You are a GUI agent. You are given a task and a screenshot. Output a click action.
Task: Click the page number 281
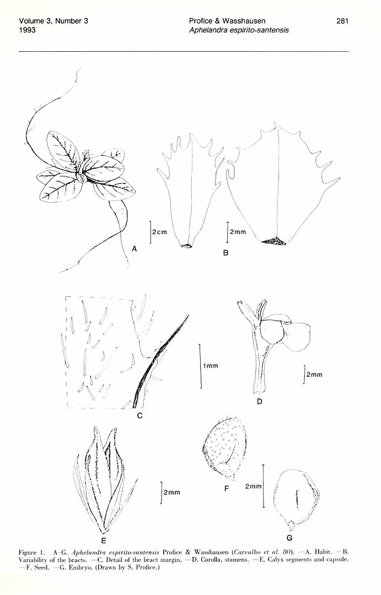(x=342, y=21)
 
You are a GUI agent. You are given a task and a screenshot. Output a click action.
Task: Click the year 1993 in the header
(x=28, y=30)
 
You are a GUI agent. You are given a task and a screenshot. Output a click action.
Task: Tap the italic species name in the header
(x=239, y=30)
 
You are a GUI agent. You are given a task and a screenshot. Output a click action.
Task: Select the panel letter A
(x=134, y=249)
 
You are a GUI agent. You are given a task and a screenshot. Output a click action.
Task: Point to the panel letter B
(x=226, y=253)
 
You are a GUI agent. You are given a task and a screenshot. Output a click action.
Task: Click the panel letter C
(x=140, y=416)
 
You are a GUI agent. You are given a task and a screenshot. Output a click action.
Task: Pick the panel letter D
(x=260, y=401)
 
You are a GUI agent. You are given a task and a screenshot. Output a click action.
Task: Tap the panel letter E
(x=103, y=541)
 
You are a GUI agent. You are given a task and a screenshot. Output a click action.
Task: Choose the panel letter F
(x=227, y=489)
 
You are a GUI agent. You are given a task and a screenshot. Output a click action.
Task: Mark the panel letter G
(x=289, y=538)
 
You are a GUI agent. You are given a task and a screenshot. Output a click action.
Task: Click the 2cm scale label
(x=159, y=232)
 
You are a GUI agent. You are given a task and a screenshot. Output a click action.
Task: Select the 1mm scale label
(x=211, y=366)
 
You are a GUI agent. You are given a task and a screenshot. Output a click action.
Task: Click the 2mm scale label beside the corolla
(x=314, y=375)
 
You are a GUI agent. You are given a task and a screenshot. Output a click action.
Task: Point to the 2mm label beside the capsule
(x=171, y=493)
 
